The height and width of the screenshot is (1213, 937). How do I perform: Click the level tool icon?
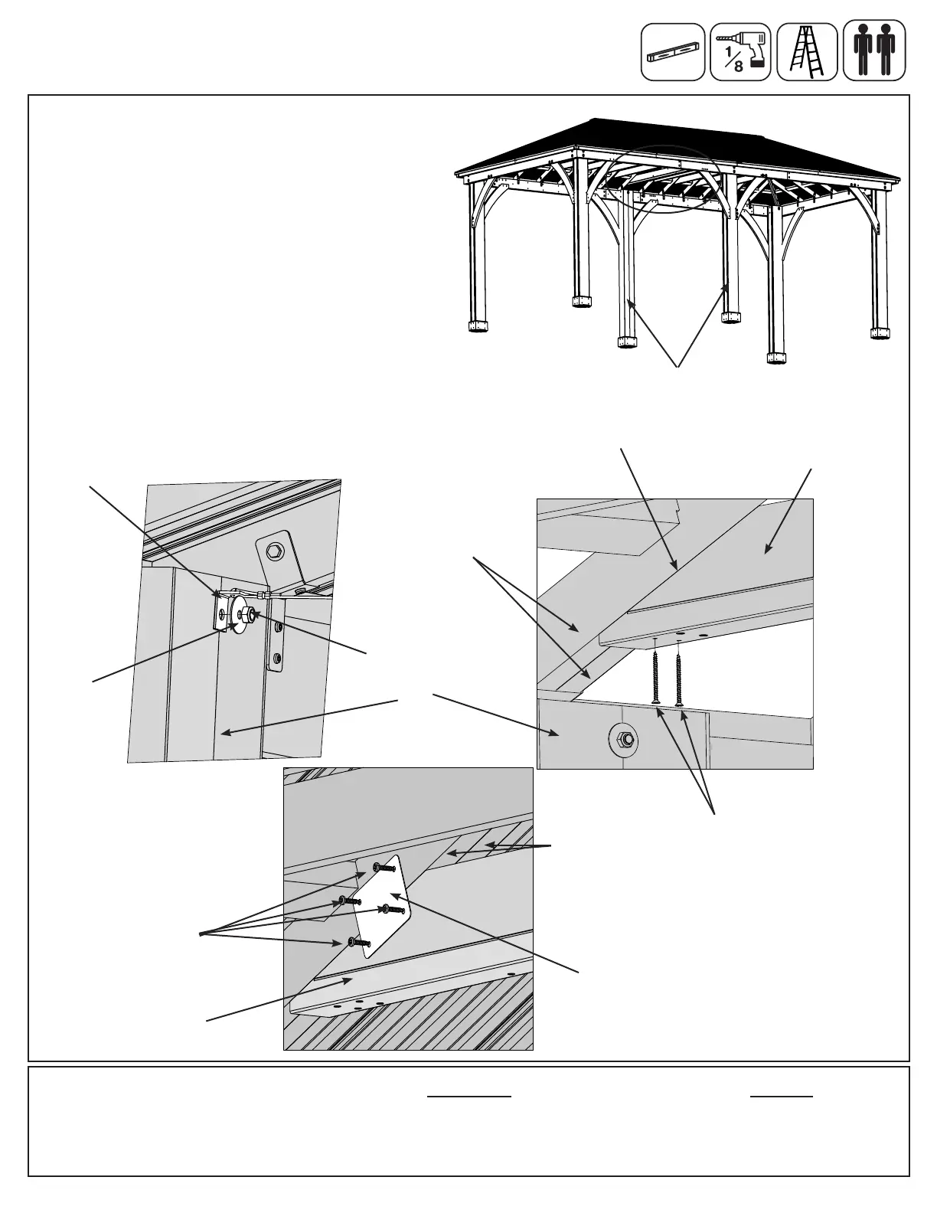672,52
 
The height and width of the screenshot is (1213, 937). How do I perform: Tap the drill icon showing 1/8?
740,52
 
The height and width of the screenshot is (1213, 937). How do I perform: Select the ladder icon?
806,52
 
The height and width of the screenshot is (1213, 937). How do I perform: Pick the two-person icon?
874,52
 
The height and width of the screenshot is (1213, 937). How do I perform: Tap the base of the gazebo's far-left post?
478,327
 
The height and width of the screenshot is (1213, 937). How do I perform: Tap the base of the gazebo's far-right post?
881,332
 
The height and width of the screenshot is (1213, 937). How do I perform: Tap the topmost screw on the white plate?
379,867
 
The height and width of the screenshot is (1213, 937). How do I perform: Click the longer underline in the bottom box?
468,1097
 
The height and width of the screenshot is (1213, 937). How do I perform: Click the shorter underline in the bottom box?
782,1097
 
